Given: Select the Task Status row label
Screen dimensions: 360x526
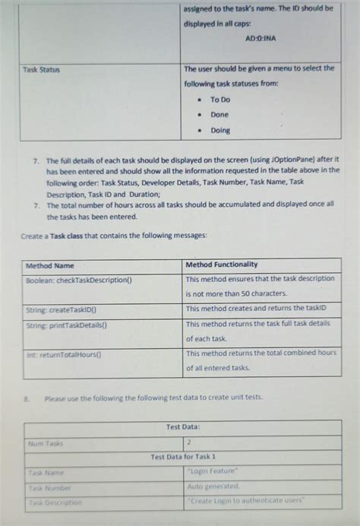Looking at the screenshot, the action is click(x=42, y=69).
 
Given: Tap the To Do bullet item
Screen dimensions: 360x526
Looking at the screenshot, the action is click(x=220, y=100).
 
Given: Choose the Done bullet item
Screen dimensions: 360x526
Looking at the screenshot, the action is click(x=219, y=115).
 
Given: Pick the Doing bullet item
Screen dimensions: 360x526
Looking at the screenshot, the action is click(x=220, y=130).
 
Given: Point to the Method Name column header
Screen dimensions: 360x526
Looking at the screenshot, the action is click(x=50, y=265).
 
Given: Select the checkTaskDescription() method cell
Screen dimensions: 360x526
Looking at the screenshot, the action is click(x=79, y=280).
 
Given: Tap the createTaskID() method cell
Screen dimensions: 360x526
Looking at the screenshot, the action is click(x=67, y=310).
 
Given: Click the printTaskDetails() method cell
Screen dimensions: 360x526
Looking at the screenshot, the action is click(x=67, y=325).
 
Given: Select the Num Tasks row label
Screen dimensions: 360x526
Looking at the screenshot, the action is click(x=45, y=443).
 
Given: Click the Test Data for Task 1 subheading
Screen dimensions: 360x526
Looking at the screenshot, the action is click(x=183, y=457).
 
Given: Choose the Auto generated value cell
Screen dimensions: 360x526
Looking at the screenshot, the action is click(x=213, y=486).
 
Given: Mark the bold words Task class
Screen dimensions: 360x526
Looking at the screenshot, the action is click(x=68, y=236).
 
